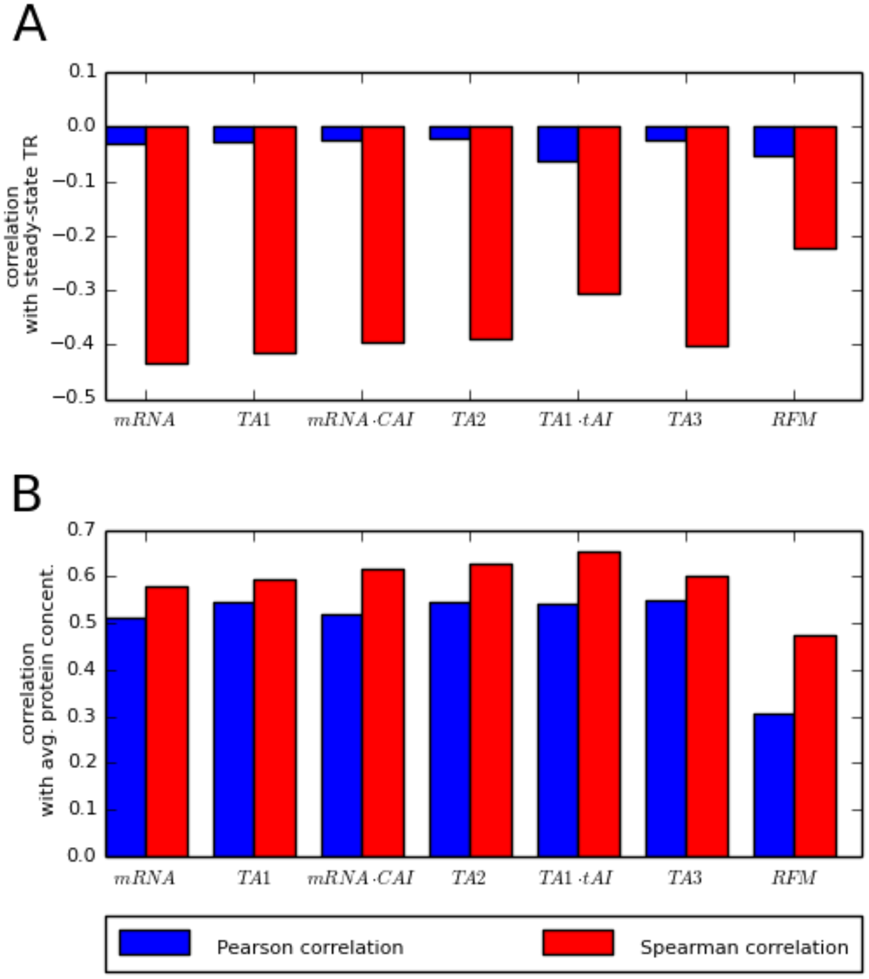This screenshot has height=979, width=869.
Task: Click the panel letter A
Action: (30, 26)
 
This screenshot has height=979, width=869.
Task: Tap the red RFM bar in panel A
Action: (815, 188)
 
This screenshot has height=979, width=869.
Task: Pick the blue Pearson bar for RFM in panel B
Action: (774, 785)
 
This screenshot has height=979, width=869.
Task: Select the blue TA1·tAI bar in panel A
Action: (558, 144)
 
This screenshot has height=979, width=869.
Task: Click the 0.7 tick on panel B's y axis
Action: (82, 530)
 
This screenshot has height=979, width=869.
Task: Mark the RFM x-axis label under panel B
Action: (794, 877)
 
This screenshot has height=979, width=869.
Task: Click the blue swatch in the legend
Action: (155, 943)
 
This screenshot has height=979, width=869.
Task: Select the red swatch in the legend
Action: (577, 943)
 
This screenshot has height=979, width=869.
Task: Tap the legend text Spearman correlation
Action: (744, 947)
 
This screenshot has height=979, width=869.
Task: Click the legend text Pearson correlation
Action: (309, 947)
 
